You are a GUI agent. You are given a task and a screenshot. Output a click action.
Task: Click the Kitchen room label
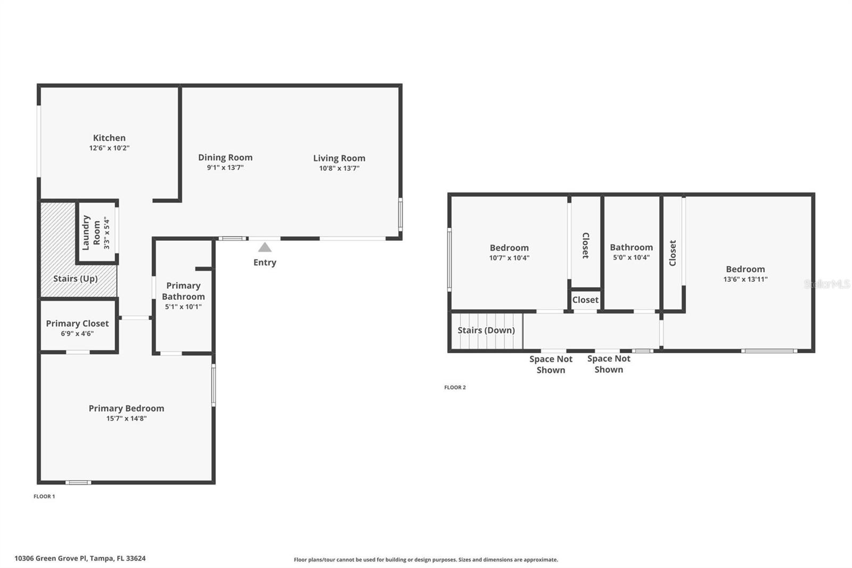pos(109,138)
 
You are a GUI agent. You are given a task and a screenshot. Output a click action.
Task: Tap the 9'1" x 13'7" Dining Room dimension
pos(225,167)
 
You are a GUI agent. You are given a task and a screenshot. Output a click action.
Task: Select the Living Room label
pos(339,158)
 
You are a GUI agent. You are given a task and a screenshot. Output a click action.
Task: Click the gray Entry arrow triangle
pos(265,247)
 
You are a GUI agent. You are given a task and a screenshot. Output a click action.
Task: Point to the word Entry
pos(265,262)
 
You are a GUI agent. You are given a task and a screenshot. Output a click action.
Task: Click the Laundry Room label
pos(91,233)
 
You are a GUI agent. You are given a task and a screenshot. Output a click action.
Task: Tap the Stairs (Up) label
pos(75,279)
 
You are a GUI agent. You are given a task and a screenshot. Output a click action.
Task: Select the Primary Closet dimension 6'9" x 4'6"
pos(77,334)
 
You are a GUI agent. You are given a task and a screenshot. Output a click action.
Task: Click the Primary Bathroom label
pos(183,291)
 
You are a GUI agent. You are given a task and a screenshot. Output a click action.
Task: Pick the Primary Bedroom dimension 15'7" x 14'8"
pos(126,418)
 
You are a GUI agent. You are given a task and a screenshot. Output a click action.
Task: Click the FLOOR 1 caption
pos(44,496)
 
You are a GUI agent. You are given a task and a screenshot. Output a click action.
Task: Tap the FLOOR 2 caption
pos(455,387)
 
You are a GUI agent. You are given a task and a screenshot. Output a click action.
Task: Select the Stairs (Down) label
pos(486,330)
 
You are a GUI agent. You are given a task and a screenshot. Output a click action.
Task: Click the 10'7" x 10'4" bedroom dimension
pos(509,258)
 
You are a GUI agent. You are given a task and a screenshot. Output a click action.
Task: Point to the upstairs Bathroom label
pos(631,247)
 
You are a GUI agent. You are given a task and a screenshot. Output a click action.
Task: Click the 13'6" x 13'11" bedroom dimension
pos(745,279)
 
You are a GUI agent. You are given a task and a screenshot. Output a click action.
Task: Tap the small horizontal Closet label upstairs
pos(585,300)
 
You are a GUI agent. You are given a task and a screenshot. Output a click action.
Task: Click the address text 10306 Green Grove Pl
pos(80,558)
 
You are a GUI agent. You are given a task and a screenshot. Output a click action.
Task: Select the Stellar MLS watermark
pos(826,284)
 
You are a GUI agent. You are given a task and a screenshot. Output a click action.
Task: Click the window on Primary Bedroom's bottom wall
pos(78,483)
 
